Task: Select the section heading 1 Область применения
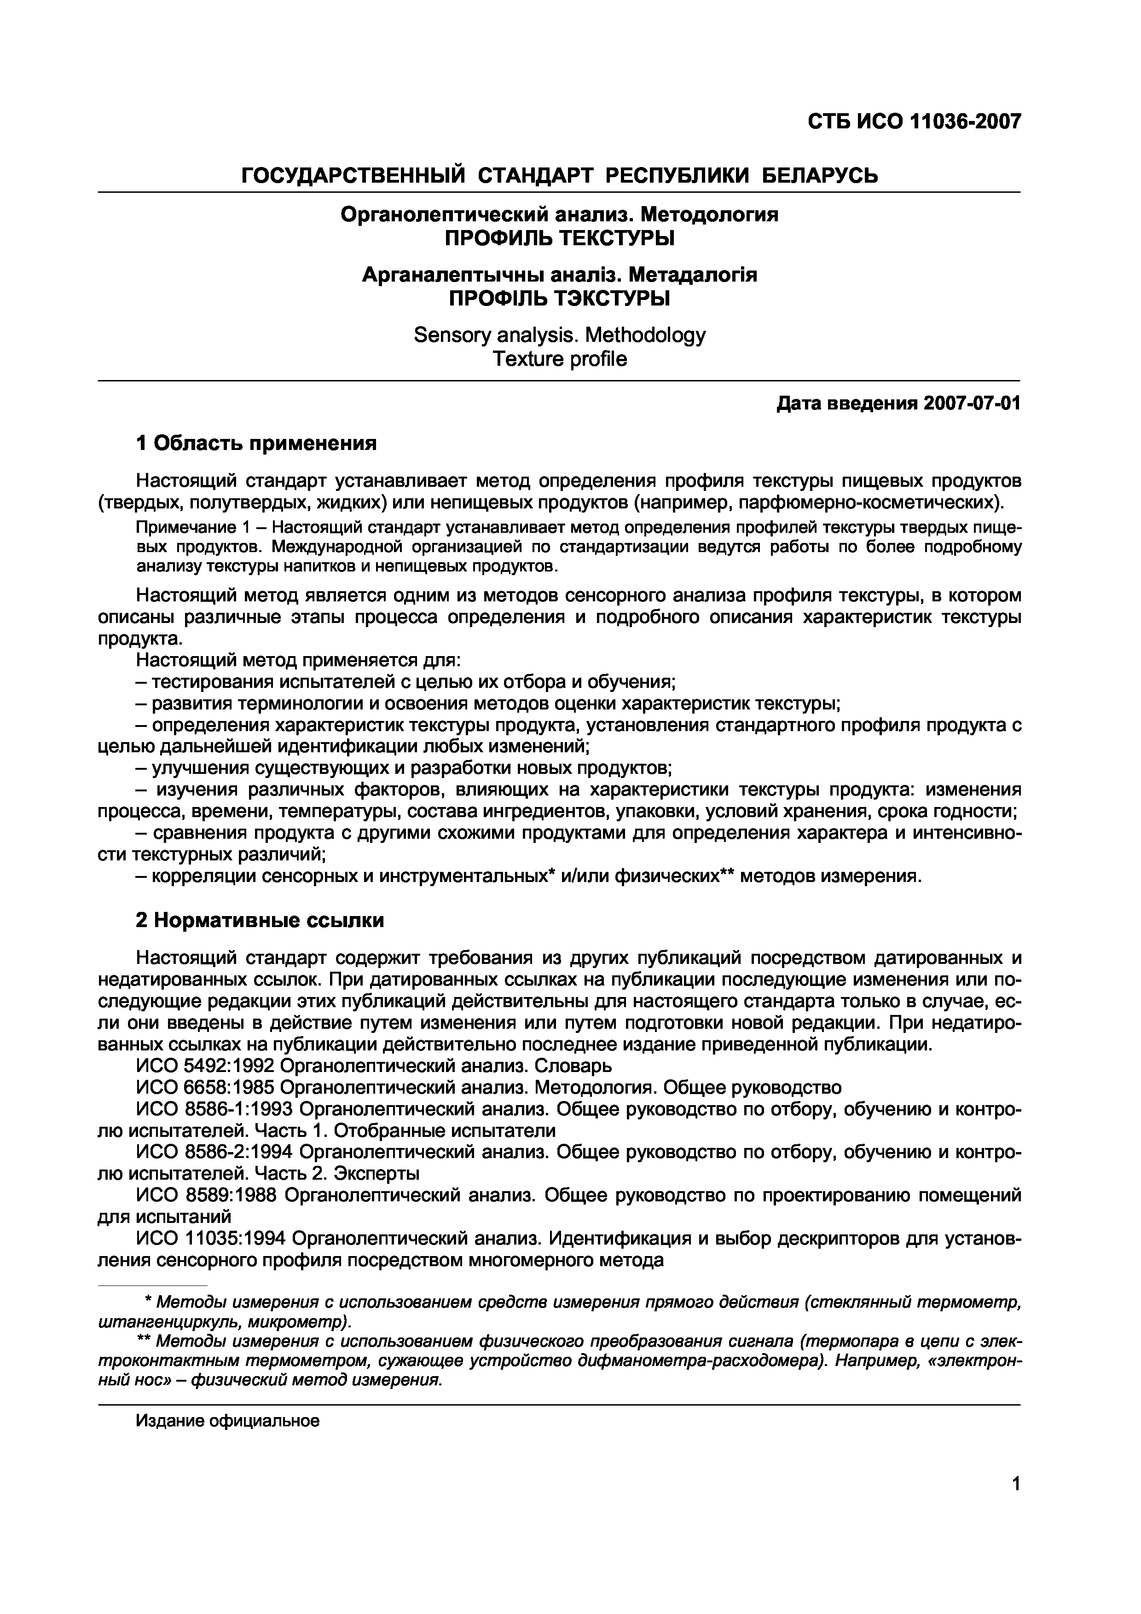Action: [x=257, y=443]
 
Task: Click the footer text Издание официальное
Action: [x=228, y=1421]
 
